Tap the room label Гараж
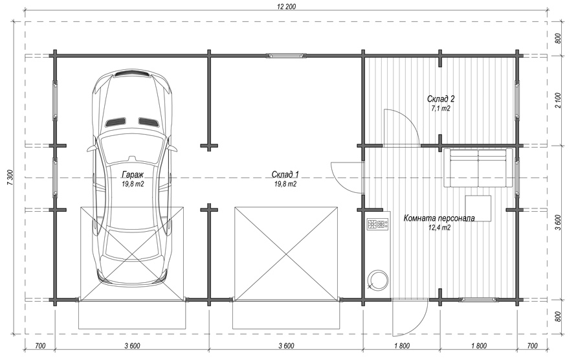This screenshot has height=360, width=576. [132, 175]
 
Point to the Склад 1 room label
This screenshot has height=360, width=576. [285, 175]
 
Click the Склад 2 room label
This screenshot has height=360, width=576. [441, 98]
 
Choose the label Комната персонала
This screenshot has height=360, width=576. [439, 218]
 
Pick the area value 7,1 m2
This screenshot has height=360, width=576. [441, 109]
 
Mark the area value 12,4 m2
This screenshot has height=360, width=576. [439, 228]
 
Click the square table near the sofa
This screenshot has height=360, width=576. [477, 208]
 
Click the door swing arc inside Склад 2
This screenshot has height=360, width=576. [401, 126]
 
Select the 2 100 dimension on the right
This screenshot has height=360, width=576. [559, 100]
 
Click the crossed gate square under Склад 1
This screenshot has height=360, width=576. [285, 253]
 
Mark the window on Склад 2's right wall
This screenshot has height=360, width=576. [517, 100]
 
